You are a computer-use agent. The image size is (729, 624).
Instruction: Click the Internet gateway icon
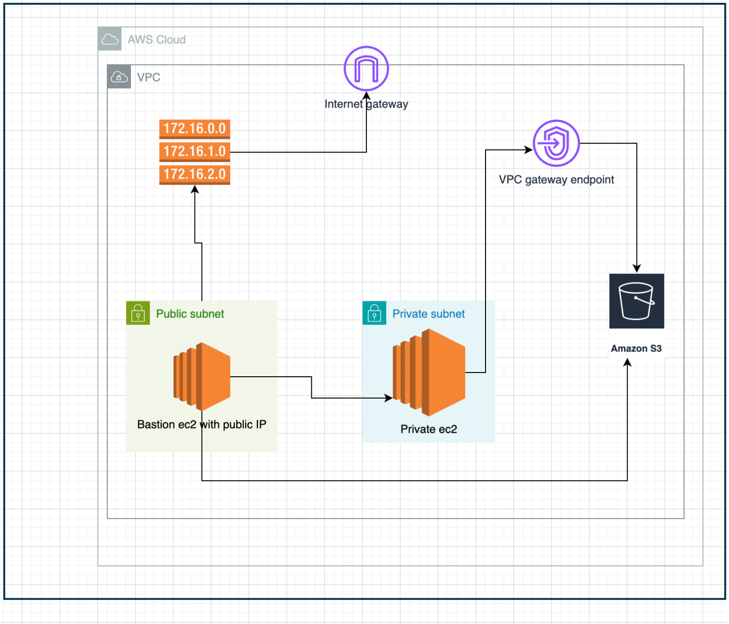(366, 68)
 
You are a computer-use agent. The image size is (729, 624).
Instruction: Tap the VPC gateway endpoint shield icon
(556, 143)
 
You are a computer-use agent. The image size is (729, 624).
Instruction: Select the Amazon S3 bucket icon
(636, 301)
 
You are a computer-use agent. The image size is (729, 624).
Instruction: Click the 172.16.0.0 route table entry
(195, 129)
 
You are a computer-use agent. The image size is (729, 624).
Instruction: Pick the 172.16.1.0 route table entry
(195, 151)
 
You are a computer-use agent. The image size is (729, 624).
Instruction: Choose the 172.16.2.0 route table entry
(195, 174)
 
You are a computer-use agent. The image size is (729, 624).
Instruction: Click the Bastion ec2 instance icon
(202, 376)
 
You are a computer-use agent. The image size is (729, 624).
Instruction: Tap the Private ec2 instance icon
(429, 373)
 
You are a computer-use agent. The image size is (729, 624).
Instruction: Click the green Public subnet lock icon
(138, 313)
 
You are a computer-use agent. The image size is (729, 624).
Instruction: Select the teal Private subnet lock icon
(374, 313)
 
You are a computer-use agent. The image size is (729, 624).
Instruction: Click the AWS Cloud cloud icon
(110, 39)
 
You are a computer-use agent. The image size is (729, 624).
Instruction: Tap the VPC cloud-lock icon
(119, 77)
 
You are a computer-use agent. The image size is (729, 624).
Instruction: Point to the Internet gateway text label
(366, 104)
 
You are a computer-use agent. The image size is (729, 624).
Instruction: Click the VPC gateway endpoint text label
(556, 180)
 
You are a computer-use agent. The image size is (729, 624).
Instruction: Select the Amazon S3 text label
(636, 348)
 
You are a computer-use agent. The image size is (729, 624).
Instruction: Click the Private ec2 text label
(429, 429)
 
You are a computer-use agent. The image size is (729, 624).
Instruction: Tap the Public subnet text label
(190, 314)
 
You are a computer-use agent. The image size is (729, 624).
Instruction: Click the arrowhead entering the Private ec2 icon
(389, 398)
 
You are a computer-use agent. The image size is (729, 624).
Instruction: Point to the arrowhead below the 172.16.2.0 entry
(195, 189)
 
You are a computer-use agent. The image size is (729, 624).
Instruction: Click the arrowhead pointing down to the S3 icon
(637, 269)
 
